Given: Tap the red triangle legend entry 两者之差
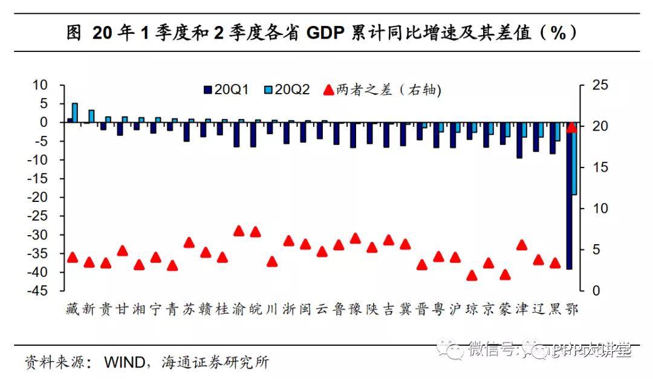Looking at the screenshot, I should (380, 90).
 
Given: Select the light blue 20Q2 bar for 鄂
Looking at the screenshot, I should (574, 158).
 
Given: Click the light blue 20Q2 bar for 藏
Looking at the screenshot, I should (75, 112).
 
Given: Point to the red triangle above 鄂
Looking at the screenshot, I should (571, 127).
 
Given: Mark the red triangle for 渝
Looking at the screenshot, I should (239, 230).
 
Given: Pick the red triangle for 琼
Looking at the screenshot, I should (472, 276).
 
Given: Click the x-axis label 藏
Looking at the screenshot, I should (72, 309).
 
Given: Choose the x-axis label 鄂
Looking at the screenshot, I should (571, 309).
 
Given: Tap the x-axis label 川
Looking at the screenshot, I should (271, 309).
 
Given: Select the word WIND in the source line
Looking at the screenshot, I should (125, 363).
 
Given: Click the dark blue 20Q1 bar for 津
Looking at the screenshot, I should (519, 140).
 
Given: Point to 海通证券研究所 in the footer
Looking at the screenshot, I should (215, 363).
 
